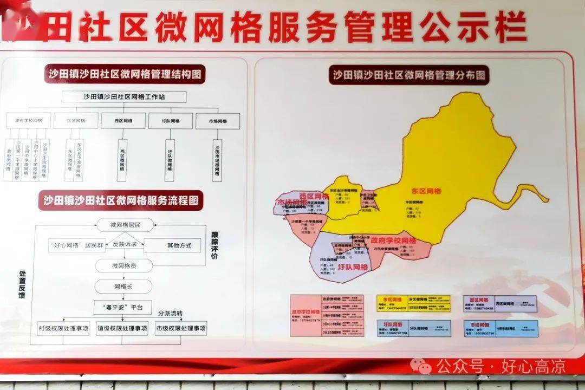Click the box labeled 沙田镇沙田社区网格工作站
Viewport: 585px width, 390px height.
point(124,97)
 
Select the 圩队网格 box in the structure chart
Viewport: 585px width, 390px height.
point(171,121)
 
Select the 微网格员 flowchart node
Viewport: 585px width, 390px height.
point(124,265)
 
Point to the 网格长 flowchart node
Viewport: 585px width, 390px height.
point(124,286)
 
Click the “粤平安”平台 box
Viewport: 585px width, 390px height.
point(123,307)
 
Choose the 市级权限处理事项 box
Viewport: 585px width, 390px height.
point(180,328)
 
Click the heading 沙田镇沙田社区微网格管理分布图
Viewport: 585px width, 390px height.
point(409,75)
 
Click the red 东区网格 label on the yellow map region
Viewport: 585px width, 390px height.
point(426,191)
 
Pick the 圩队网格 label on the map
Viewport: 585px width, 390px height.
point(353,267)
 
